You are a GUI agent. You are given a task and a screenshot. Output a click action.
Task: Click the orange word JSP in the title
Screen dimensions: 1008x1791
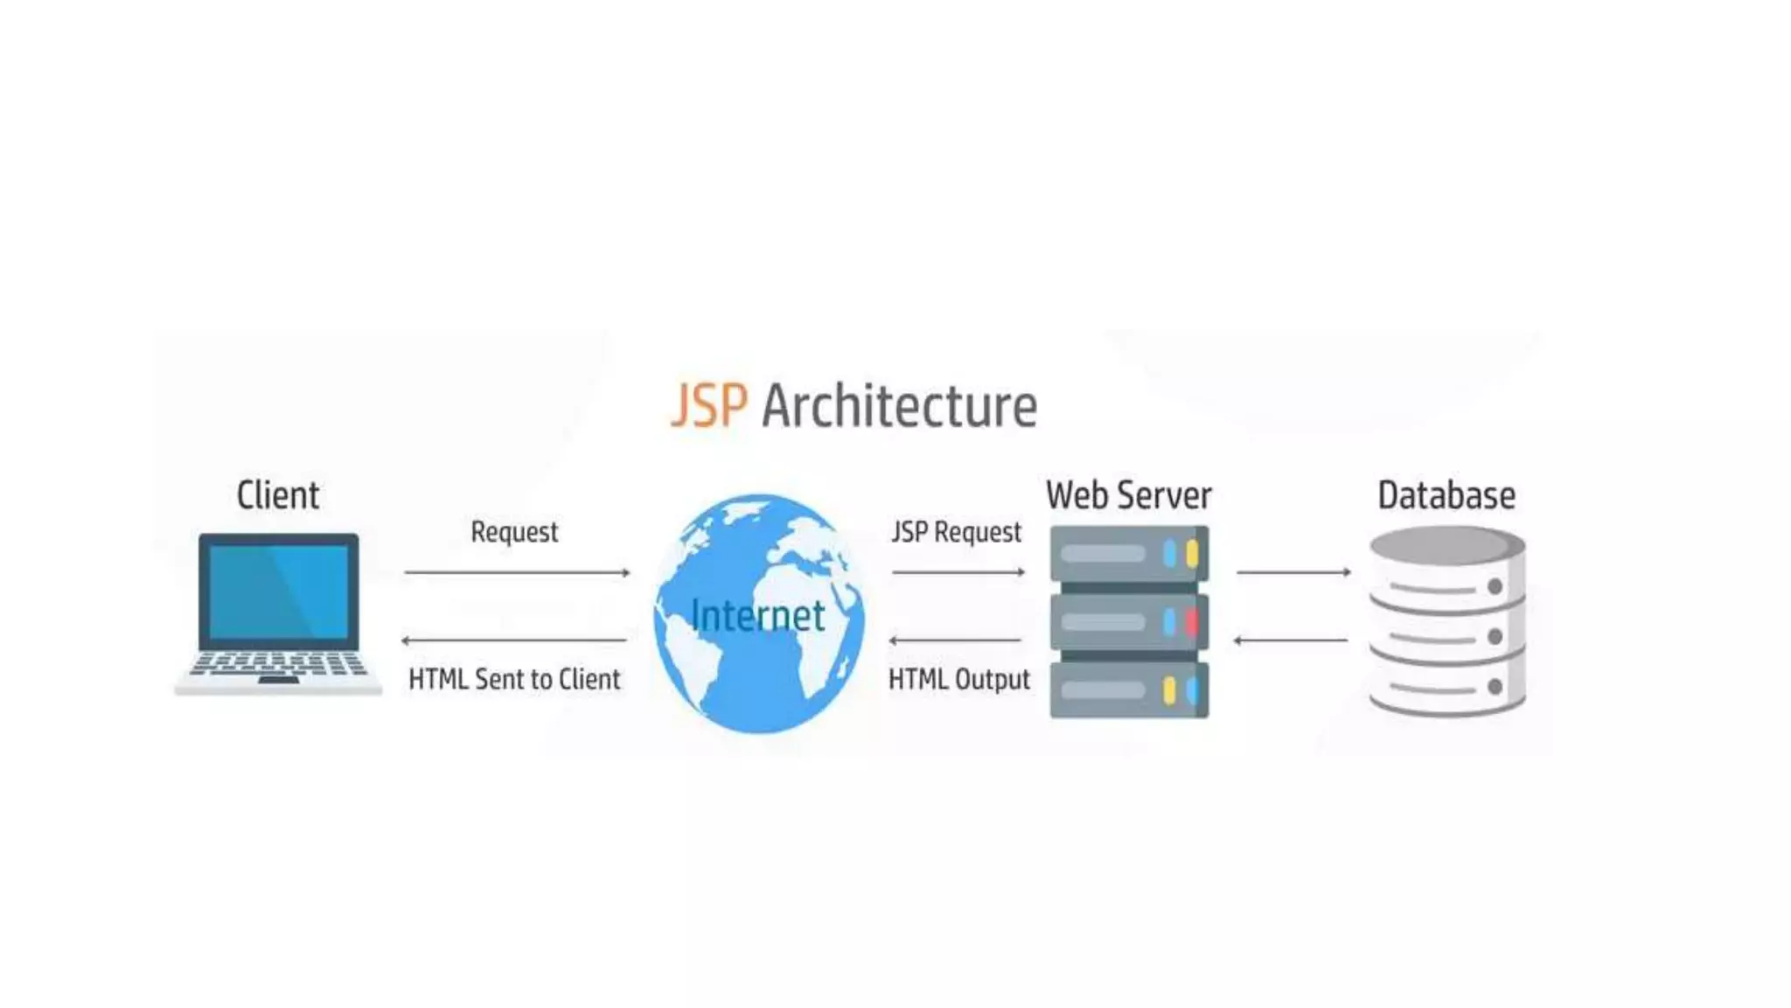[709, 406]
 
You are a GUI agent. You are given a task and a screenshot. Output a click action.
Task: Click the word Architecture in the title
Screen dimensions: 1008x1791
[899, 408]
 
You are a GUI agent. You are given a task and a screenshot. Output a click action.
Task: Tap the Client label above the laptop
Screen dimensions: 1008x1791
[278, 495]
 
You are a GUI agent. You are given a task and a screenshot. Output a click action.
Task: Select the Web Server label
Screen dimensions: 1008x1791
[1128, 495]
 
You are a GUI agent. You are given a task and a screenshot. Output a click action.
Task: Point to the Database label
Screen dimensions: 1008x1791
[1446, 495]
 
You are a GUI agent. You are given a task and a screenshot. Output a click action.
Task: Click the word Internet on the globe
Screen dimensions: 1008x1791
[757, 615]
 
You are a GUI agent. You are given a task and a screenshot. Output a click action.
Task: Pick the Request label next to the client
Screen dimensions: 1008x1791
[514, 532]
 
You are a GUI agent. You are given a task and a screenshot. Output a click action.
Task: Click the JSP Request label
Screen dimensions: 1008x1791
[956, 532]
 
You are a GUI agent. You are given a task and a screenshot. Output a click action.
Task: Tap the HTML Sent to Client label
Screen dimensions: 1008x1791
[514, 679]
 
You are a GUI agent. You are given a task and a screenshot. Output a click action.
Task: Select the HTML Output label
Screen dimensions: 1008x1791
[959, 679]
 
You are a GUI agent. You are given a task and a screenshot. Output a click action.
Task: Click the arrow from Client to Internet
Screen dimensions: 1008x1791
[517, 572]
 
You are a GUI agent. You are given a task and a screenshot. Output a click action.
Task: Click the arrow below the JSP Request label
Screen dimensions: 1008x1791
[958, 572]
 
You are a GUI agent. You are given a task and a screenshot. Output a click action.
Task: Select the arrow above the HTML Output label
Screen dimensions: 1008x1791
[955, 640]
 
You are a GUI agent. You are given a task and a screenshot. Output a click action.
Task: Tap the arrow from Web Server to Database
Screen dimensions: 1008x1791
[1293, 572]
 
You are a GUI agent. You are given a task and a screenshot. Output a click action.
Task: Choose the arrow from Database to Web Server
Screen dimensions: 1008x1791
[1291, 640]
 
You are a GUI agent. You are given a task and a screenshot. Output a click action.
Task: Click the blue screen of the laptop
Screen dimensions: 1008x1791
[278, 591]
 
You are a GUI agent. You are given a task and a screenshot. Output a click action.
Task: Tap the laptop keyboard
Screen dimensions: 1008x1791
[278, 665]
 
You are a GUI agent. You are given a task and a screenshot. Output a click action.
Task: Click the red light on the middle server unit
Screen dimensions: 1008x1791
[1191, 622]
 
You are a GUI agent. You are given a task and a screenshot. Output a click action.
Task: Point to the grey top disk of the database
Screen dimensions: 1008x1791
[1443, 544]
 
